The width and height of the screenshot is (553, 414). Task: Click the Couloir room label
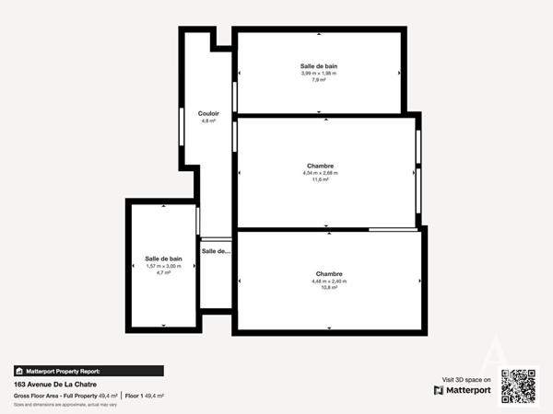[208, 113]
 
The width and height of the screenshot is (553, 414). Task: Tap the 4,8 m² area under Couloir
[208, 121]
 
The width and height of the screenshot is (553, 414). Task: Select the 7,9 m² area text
[319, 80]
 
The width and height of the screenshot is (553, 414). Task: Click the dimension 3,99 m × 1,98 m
[319, 74]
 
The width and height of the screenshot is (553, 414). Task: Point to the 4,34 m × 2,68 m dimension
[321, 173]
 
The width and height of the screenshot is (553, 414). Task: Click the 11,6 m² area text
[321, 179]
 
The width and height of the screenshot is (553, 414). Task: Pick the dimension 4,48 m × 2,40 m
[329, 281]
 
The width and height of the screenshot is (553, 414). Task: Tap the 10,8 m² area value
[329, 287]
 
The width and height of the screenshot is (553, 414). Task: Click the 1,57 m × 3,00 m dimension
[164, 266]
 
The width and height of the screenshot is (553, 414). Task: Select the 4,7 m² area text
[164, 272]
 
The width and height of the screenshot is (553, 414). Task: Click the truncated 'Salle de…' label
[217, 250]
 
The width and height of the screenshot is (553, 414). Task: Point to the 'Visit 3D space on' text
[466, 378]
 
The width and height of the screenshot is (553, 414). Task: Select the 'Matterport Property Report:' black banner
[88, 371]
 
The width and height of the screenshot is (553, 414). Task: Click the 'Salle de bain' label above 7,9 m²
[319, 66]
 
